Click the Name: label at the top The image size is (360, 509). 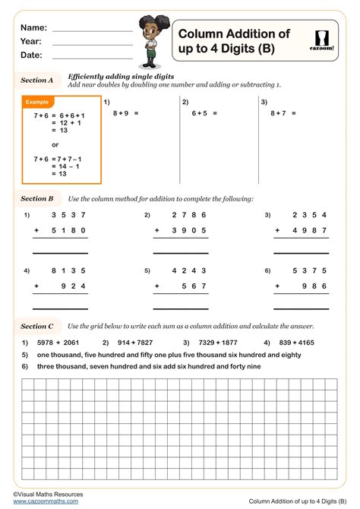pyautogui.click(x=34, y=27)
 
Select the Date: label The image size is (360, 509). pyautogui.click(x=32, y=55)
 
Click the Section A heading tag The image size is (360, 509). pyautogui.click(x=37, y=80)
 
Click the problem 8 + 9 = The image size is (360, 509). pyautogui.click(x=126, y=112)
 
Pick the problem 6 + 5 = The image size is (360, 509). pyautogui.click(x=204, y=112)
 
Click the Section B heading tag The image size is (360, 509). pyautogui.click(x=37, y=198)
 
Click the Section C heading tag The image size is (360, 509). pyautogui.click(x=37, y=326)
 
